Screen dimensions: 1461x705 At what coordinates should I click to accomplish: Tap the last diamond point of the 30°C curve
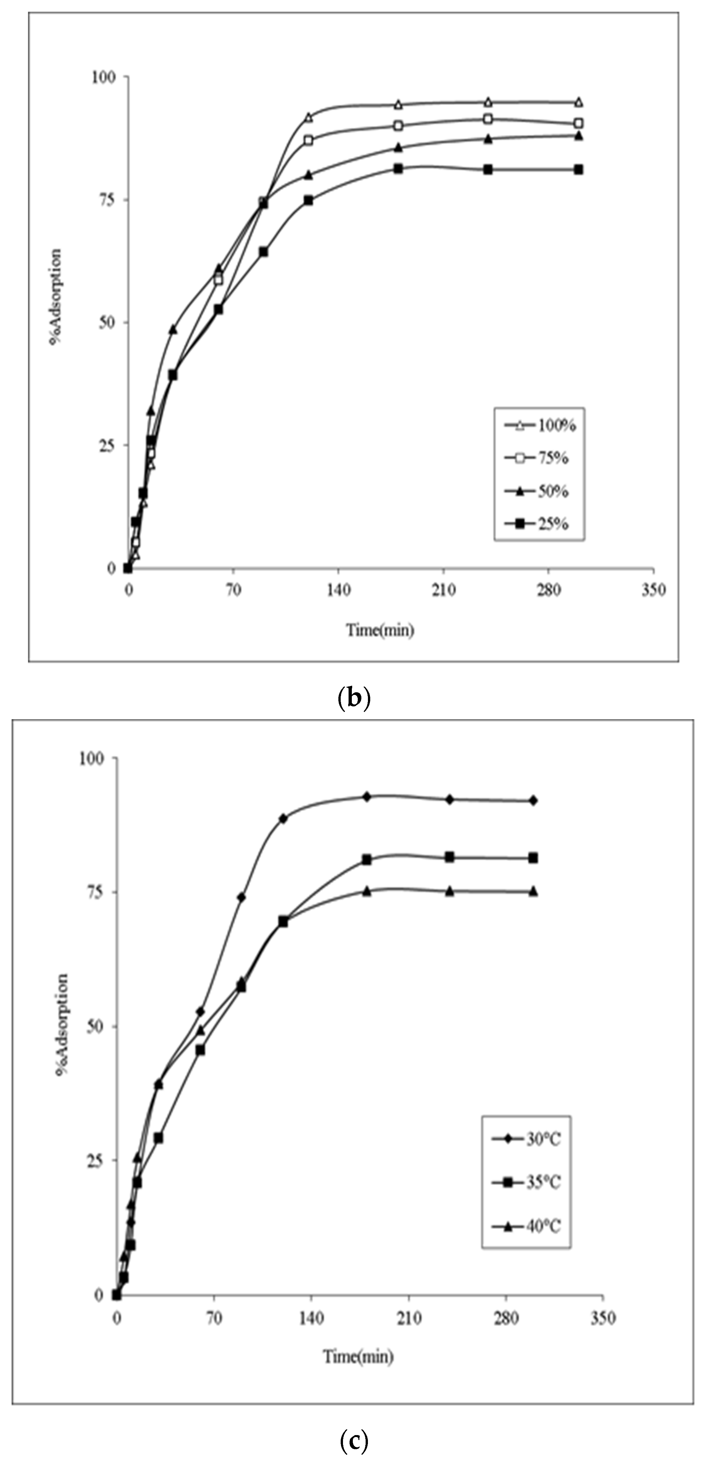click(533, 800)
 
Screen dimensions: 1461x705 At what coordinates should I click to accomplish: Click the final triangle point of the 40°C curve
click(533, 891)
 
